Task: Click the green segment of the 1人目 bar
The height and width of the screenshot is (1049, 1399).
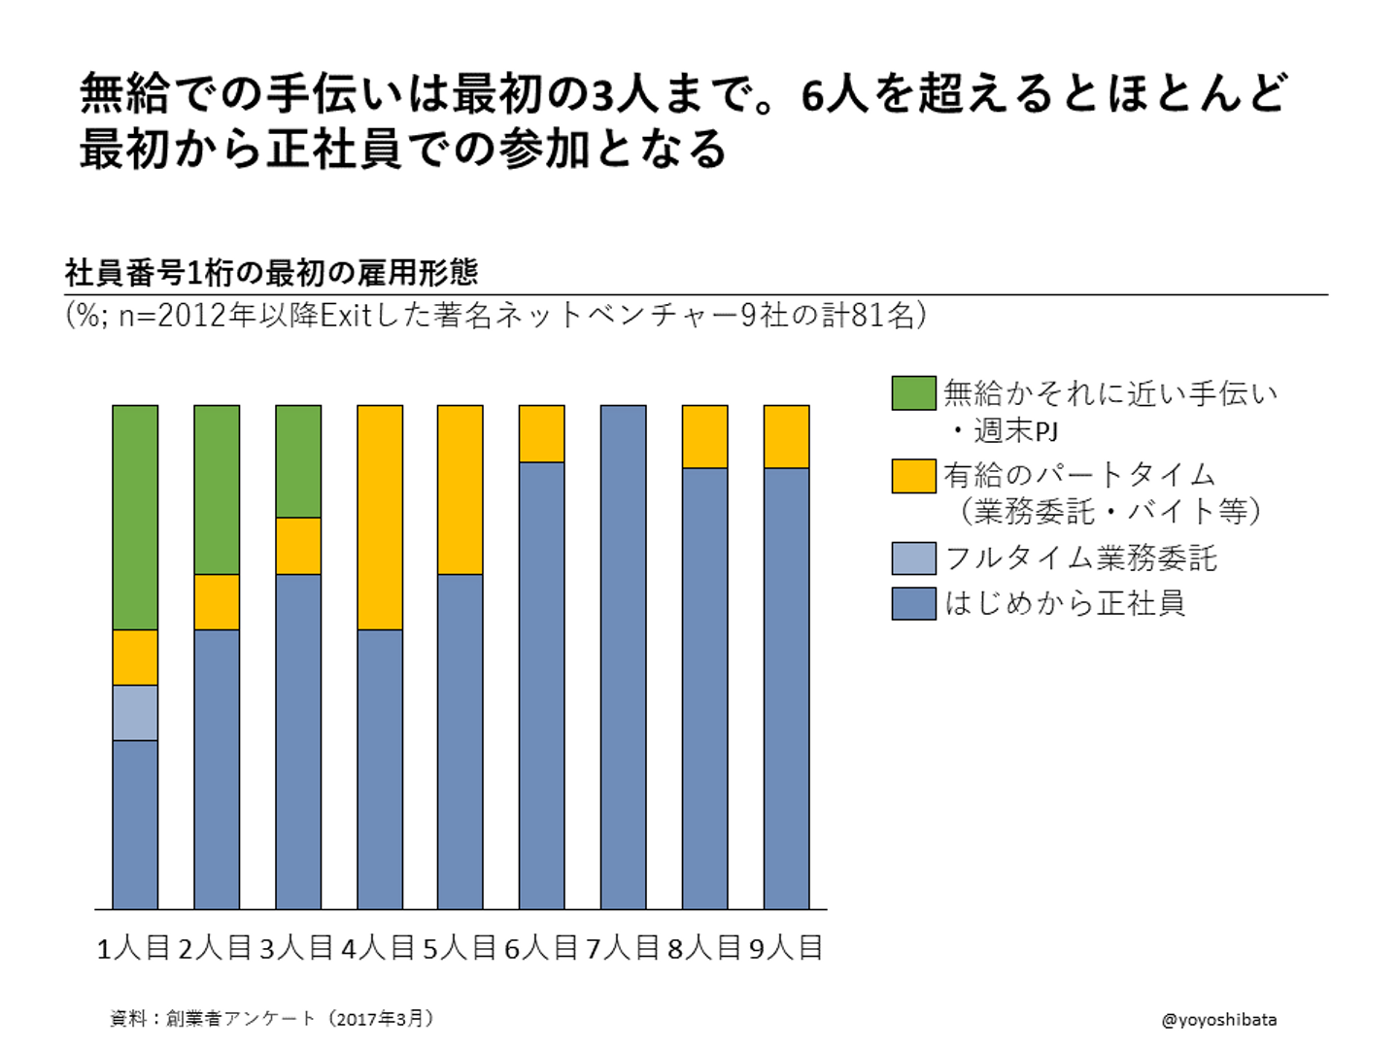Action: pos(135,517)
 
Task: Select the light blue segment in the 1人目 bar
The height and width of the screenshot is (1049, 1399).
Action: pos(135,713)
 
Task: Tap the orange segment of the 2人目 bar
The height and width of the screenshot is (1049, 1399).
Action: pos(217,602)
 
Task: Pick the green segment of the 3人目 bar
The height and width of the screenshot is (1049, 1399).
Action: pos(298,461)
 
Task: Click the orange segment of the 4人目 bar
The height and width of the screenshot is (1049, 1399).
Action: pos(380,517)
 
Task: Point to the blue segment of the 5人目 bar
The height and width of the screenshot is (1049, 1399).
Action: pos(461,741)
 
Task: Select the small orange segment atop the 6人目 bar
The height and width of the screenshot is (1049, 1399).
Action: pos(542,433)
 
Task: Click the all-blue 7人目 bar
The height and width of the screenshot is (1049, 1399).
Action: pos(624,657)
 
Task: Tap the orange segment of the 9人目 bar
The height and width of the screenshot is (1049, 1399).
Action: pos(787,436)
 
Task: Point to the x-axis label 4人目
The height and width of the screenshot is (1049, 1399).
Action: pos(378,948)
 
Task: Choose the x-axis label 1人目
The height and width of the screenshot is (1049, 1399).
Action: pos(133,948)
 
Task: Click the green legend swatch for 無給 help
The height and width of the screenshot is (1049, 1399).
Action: pos(913,393)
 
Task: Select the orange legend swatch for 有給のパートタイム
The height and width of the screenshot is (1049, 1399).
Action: pos(913,476)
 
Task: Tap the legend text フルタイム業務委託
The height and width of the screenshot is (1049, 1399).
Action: pos(1080,558)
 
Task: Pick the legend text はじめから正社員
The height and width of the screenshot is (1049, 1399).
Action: pos(1065,603)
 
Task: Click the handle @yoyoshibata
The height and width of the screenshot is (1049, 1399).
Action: pos(1218,1020)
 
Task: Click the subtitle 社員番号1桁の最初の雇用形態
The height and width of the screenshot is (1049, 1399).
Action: pos(271,273)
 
